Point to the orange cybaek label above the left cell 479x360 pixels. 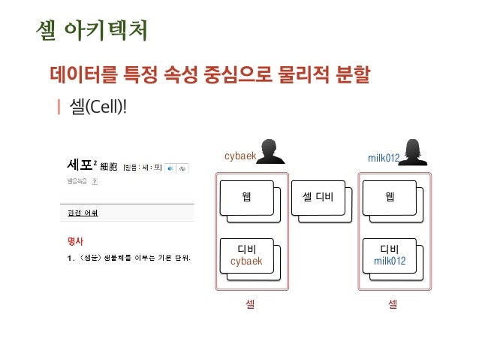pyautogui.click(x=240, y=156)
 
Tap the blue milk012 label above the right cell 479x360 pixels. pyautogui.click(x=383, y=158)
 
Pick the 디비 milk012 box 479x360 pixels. pyautogui.click(x=390, y=255)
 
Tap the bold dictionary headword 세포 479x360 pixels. pyautogui.click(x=79, y=165)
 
